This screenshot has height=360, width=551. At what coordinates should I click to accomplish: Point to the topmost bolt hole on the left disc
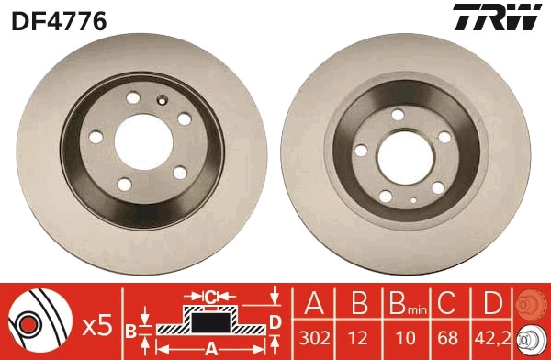click(133, 97)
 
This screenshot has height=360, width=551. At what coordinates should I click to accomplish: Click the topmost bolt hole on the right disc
click(398, 114)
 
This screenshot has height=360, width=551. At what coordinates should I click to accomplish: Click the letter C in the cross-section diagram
click(209, 296)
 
